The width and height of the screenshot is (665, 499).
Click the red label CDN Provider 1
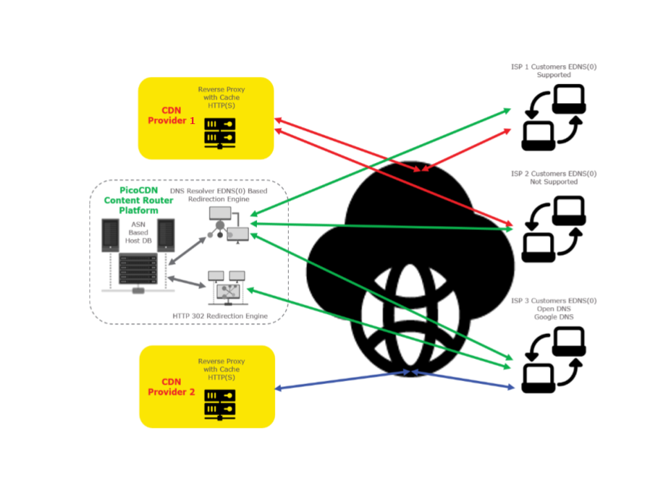[171, 115]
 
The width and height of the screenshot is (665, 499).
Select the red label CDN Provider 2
[171, 387]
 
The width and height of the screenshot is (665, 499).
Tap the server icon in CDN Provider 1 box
[220, 132]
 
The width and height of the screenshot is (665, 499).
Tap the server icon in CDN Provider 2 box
[220, 403]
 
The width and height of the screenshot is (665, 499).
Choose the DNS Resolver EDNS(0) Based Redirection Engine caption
[219, 194]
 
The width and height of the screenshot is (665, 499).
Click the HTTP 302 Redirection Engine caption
[220, 316]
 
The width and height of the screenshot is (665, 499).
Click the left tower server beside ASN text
[110, 236]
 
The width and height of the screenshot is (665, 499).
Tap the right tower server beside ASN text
[166, 236]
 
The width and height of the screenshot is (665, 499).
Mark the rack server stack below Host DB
[137, 272]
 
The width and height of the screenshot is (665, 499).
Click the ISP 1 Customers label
[553, 71]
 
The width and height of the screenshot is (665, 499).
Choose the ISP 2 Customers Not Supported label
[553, 177]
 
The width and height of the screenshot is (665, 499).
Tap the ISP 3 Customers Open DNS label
[553, 308]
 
